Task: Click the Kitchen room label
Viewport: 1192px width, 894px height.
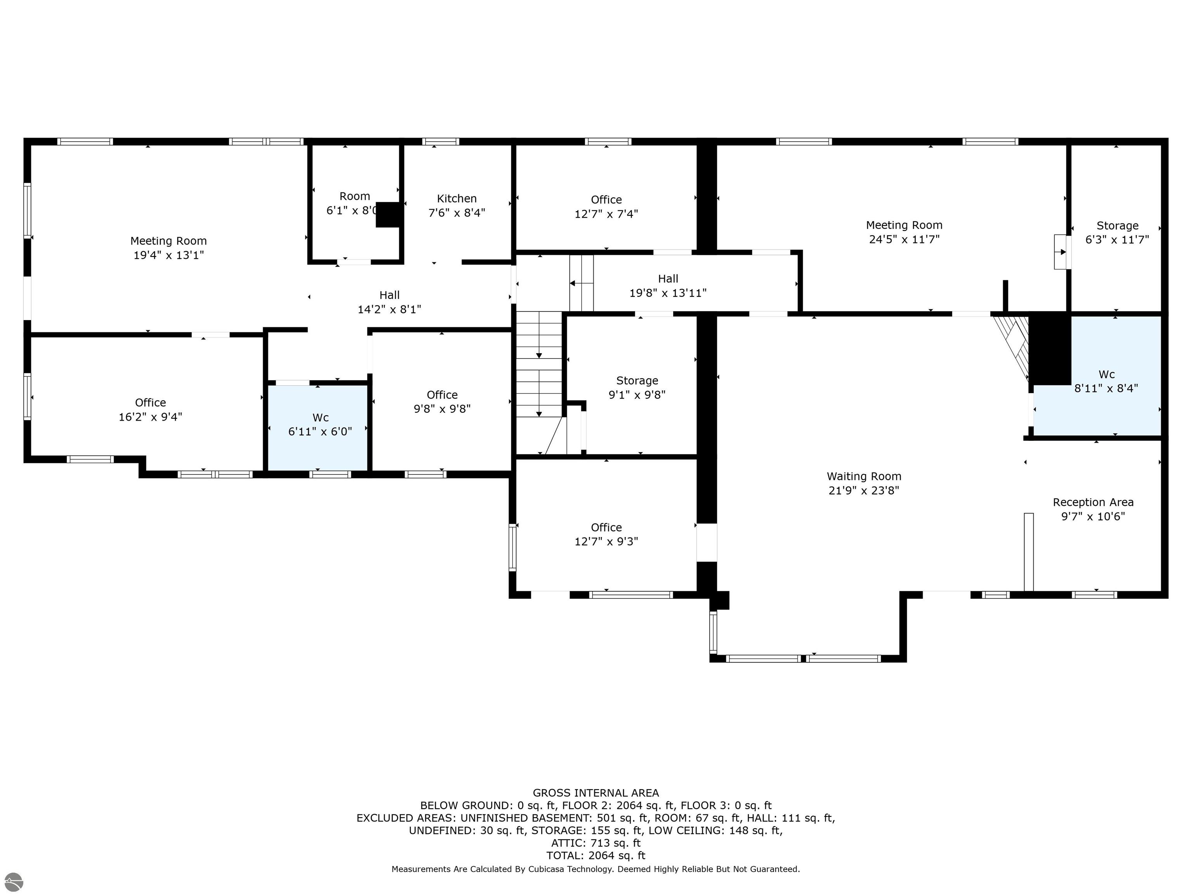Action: [x=456, y=198]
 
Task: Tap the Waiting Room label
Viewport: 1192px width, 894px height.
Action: [x=864, y=476]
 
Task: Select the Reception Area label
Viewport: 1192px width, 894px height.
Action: [x=1093, y=502]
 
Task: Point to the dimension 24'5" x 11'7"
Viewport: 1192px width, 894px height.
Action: [x=904, y=239]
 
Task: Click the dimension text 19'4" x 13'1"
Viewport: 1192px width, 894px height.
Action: [x=169, y=255]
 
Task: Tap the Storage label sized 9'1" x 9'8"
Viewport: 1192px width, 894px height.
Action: [x=637, y=380]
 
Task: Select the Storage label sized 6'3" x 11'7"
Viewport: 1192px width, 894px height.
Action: [x=1117, y=226]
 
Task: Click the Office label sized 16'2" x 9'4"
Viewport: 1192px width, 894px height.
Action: [x=150, y=402]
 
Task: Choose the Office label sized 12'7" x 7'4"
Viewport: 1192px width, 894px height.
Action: [x=606, y=200]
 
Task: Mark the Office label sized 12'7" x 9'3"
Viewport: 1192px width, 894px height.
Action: [x=606, y=528]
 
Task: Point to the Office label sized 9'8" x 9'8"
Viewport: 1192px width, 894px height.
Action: [x=442, y=395]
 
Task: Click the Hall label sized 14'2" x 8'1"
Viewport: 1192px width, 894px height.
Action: [x=389, y=295]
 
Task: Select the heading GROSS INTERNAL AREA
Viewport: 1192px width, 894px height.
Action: [x=596, y=793]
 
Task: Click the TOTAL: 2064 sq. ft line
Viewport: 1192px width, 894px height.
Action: [x=596, y=855]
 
